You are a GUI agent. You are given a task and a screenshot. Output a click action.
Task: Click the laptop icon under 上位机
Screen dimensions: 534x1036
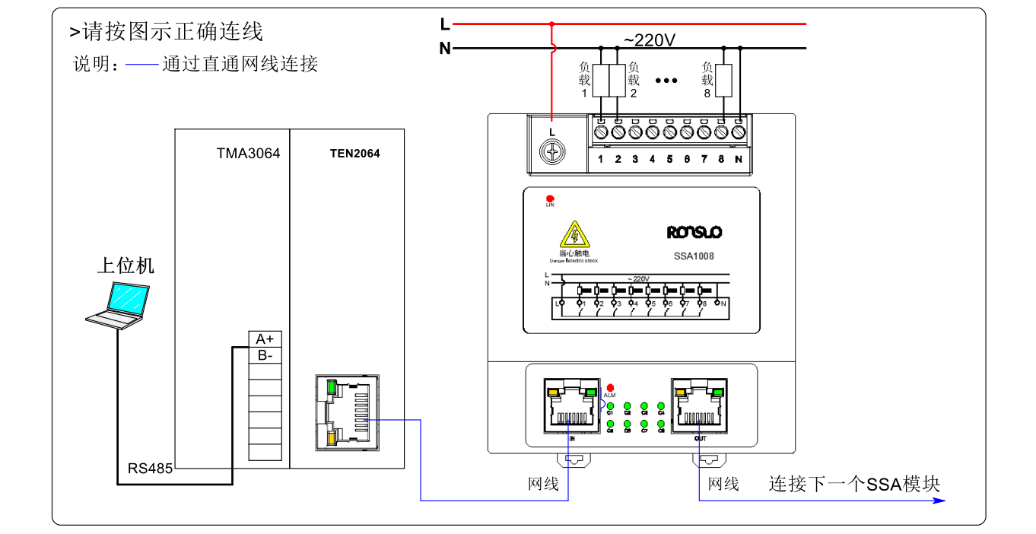pos(118,305)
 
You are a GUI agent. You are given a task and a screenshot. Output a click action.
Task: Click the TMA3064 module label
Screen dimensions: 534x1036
pos(248,154)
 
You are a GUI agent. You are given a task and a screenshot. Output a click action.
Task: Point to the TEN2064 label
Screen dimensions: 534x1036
pos(354,154)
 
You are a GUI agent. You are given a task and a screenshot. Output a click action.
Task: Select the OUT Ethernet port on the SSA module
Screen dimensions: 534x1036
pos(698,405)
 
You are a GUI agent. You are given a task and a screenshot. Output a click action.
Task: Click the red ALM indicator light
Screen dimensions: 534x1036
pos(610,387)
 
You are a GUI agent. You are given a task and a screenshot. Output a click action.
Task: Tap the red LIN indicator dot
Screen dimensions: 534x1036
pos(550,199)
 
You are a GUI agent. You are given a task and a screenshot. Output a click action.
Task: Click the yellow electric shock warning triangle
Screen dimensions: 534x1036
pos(574,235)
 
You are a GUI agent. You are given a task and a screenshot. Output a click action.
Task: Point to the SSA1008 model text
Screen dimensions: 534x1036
pos(694,256)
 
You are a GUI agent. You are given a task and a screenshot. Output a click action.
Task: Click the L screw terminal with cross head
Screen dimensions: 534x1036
pos(551,152)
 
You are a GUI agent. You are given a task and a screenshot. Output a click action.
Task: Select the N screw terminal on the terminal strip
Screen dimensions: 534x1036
pos(738,132)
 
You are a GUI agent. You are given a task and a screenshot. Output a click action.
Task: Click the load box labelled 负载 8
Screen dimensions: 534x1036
pos(723,80)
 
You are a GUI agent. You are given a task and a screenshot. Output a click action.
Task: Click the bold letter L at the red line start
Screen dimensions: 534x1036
pos(445,24)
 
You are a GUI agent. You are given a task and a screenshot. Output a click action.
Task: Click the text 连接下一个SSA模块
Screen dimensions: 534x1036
pos(854,485)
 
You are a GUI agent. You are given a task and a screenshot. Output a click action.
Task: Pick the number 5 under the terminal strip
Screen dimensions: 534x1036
pos(669,159)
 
